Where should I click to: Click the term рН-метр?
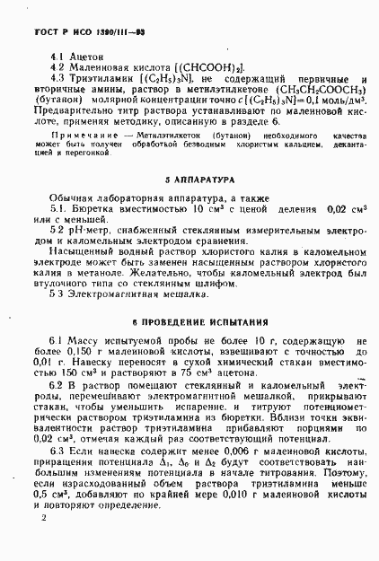click(91, 231)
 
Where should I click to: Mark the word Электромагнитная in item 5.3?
click(112, 293)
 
